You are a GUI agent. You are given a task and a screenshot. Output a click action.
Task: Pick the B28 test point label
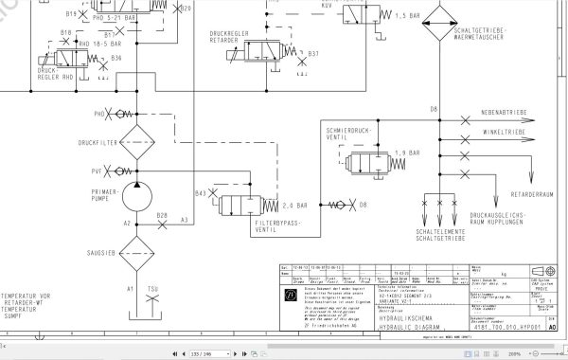click(x=162, y=215)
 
